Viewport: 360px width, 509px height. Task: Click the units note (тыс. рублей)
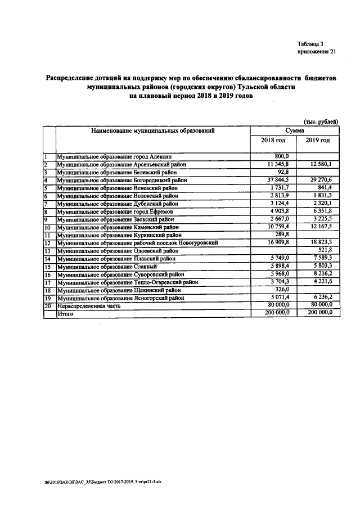pos(321,121)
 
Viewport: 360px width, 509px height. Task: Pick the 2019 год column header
pos(317,140)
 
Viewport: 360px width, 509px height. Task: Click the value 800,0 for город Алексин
pos(281,156)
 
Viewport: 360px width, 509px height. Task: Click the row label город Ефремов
pos(118,211)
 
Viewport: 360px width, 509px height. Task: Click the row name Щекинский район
pos(119,290)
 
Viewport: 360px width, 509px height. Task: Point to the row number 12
pos(48,243)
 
